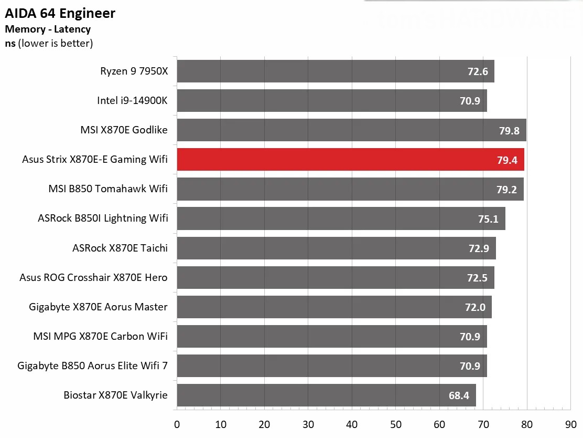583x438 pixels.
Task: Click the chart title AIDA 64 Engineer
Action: point(60,14)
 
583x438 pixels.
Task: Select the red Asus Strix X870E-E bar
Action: point(350,160)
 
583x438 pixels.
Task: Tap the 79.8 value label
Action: point(509,131)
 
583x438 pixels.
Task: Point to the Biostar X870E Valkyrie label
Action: point(116,395)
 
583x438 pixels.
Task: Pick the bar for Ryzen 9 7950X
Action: point(336,71)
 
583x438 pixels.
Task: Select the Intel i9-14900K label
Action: point(132,100)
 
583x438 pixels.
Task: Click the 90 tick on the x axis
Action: point(570,424)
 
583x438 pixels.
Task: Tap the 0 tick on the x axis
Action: point(177,424)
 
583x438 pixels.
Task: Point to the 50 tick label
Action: point(396,424)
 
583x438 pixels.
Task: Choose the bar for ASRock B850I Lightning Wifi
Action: point(341,218)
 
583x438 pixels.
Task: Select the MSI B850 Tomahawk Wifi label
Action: point(108,189)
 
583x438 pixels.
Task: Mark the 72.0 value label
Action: point(474,307)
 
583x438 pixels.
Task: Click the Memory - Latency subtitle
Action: point(48,29)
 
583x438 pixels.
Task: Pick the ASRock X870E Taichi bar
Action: point(336,248)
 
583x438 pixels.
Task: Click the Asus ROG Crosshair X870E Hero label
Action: point(93,277)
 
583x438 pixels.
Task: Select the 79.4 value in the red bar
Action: point(507,160)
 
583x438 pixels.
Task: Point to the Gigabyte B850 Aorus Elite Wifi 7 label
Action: point(92,366)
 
